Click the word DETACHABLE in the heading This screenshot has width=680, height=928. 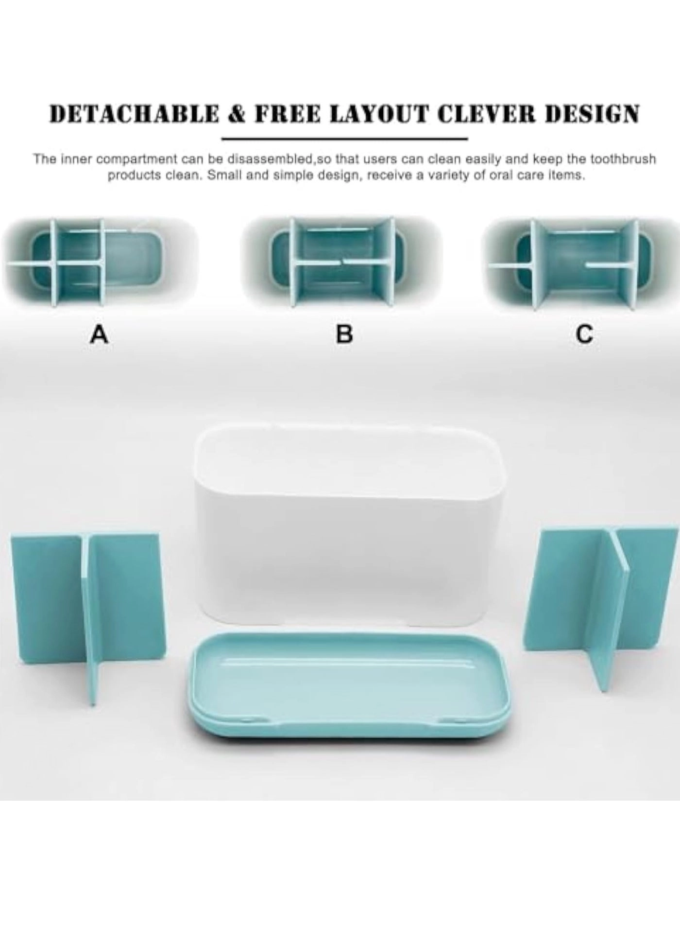(134, 114)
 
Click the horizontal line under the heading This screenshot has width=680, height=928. (344, 140)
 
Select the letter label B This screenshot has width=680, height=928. (344, 334)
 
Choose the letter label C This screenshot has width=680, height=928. (584, 334)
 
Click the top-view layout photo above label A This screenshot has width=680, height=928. (99, 263)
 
